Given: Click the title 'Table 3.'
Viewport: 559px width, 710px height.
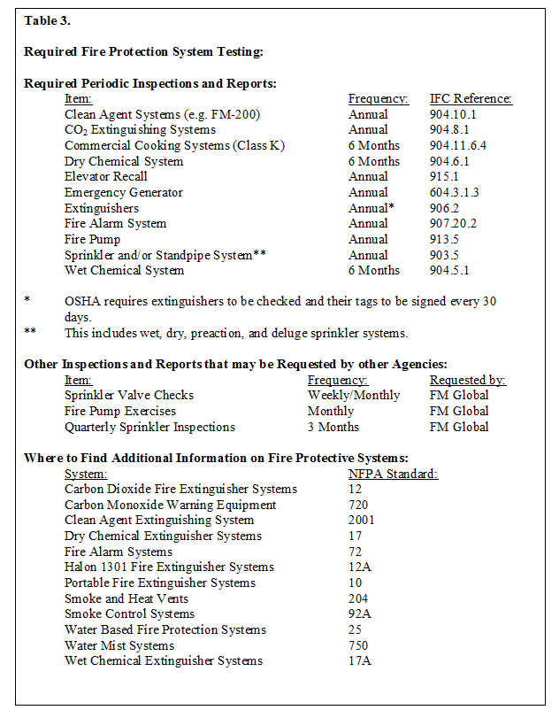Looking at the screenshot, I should (47, 21).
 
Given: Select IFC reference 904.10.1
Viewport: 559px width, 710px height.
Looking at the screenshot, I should (454, 115).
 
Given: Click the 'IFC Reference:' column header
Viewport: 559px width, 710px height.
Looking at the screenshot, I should (471, 99).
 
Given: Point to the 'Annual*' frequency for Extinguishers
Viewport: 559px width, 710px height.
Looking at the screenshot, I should (371, 208).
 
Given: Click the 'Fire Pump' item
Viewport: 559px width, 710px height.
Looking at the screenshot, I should (93, 240).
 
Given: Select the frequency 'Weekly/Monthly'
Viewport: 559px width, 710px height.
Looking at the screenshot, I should (354, 396).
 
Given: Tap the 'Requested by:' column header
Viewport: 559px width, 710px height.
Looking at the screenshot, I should (468, 380).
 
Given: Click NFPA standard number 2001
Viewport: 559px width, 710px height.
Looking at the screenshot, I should (361, 521).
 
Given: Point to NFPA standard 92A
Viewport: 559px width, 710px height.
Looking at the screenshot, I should (358, 614).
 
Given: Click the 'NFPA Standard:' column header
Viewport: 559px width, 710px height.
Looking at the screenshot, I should (393, 474).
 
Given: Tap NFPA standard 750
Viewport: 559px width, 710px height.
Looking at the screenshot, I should (358, 645).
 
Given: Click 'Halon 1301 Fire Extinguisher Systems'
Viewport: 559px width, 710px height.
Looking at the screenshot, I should (169, 567).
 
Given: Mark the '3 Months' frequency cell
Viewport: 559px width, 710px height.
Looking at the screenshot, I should (333, 427).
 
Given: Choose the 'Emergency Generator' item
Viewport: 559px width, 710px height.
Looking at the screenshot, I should (124, 193).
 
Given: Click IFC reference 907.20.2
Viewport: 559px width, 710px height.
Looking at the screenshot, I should (454, 224).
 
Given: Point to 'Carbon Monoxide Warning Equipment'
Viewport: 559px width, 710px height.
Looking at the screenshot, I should (171, 505).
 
